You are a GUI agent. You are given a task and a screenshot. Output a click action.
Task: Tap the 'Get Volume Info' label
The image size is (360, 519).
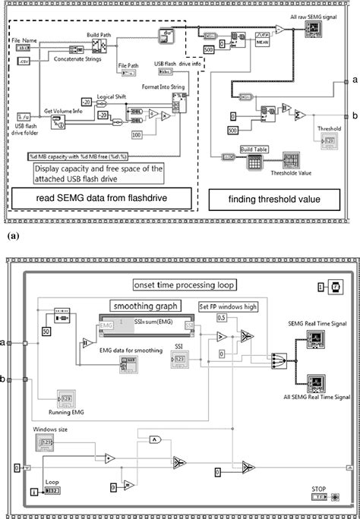[62, 109]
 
